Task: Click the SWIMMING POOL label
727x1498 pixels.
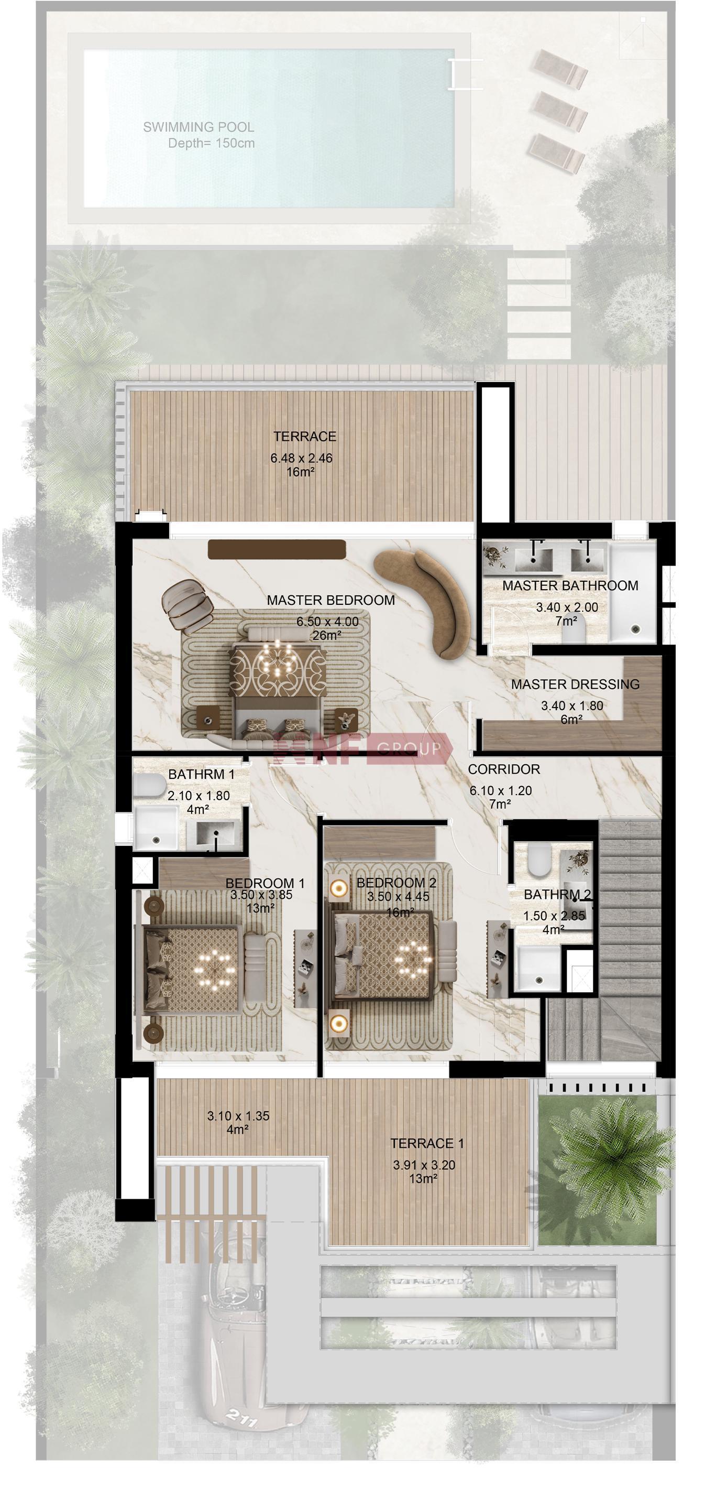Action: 198,127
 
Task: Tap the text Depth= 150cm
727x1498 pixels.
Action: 212,143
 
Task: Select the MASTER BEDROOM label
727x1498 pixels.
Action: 331,600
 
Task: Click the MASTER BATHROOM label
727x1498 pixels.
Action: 570,585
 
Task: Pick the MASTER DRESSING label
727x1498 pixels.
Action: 575,685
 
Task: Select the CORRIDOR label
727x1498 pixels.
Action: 504,769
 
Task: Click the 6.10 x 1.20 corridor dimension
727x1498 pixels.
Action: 501,791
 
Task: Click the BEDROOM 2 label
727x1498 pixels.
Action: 396,883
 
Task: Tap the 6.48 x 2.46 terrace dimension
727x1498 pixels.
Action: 301,458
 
